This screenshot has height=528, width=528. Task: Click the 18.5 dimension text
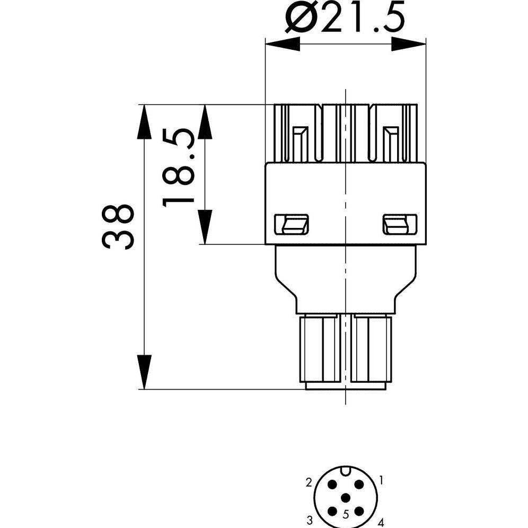click(x=179, y=168)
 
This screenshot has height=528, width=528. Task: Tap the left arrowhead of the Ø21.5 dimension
click(x=283, y=44)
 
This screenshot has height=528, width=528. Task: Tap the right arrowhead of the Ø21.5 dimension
click(x=409, y=44)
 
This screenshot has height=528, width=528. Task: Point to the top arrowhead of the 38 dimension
click(x=144, y=121)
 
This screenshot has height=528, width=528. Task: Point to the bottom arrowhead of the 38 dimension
click(x=144, y=372)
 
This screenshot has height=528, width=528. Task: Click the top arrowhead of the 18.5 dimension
click(x=205, y=121)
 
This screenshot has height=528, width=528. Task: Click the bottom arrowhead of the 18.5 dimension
click(x=205, y=227)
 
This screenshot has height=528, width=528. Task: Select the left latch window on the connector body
click(x=292, y=224)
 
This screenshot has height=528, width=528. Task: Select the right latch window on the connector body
click(x=400, y=224)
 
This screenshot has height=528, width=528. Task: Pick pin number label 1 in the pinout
click(x=381, y=480)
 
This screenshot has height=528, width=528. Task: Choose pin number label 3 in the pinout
click(x=310, y=519)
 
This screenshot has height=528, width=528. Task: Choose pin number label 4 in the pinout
click(x=381, y=523)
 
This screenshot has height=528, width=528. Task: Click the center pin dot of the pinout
click(x=346, y=498)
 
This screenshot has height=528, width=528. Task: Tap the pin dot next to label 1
click(x=359, y=485)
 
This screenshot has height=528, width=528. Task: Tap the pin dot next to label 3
click(x=333, y=512)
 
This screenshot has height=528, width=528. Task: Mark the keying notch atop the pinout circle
click(x=346, y=470)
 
